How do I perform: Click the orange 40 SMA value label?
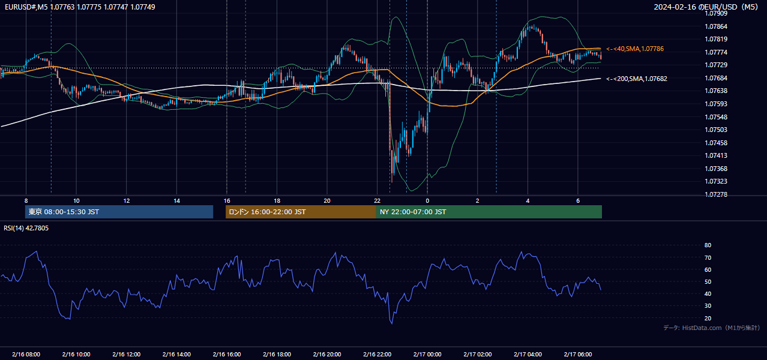click(x=635, y=49)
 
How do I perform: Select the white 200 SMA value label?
click(x=637, y=79)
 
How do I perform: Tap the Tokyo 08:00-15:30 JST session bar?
click(x=119, y=212)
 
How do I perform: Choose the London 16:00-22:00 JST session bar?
click(x=301, y=212)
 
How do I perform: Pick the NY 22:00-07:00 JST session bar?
click(x=489, y=212)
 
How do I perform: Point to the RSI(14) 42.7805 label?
click(x=26, y=228)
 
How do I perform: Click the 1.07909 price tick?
click(x=716, y=14)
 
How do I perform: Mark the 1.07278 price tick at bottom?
click(x=716, y=194)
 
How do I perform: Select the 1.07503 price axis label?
click(x=716, y=130)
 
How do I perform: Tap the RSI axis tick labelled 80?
click(x=708, y=245)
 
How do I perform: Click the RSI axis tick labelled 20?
click(x=708, y=318)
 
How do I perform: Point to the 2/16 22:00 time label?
click(x=377, y=354)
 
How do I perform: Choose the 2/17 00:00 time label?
click(x=427, y=354)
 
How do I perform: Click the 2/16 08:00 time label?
click(x=26, y=354)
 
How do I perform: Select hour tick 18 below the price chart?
click(x=277, y=201)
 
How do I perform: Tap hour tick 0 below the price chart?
click(x=427, y=201)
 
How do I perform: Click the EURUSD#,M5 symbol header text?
click(x=26, y=7)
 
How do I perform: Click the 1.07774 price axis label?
click(x=716, y=52)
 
